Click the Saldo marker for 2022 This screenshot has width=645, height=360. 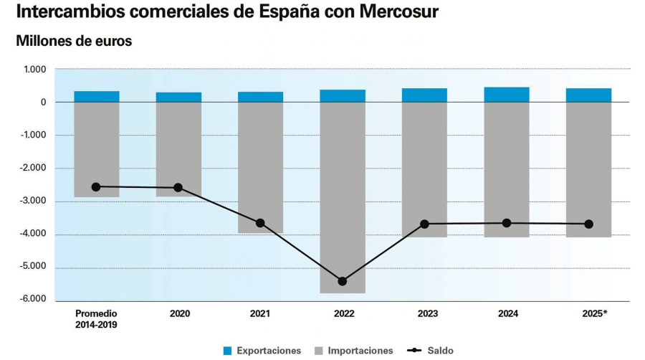click(343, 281)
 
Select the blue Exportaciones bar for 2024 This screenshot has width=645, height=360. click(507, 95)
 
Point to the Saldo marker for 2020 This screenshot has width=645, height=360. click(178, 188)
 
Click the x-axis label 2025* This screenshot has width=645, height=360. click(588, 313)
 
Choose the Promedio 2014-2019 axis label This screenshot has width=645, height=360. click(96, 318)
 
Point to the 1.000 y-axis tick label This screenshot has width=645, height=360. click(35, 70)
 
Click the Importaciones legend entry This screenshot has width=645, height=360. click(353, 351)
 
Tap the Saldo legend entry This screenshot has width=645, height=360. click(430, 351)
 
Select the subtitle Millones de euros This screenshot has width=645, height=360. click(74, 42)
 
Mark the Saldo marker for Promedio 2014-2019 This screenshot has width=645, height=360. click(96, 186)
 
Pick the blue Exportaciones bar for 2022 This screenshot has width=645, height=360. click(343, 96)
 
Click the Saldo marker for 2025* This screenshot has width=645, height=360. click(588, 224)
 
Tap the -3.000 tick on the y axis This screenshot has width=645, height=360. click(33, 202)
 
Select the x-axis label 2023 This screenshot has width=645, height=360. click(424, 313)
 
